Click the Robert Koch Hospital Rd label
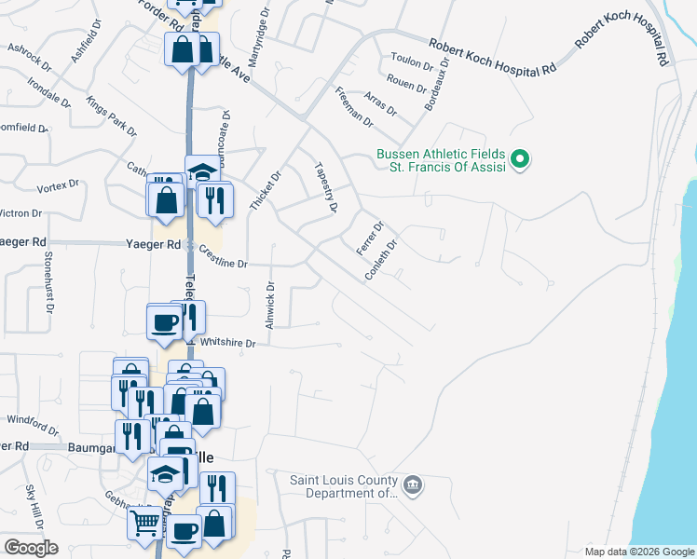click(492, 56)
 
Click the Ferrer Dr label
click(370, 238)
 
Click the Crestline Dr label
click(222, 264)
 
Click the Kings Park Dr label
click(111, 115)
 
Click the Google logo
click(31, 547)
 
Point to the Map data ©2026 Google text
click(638, 552)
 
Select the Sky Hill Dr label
click(34, 506)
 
